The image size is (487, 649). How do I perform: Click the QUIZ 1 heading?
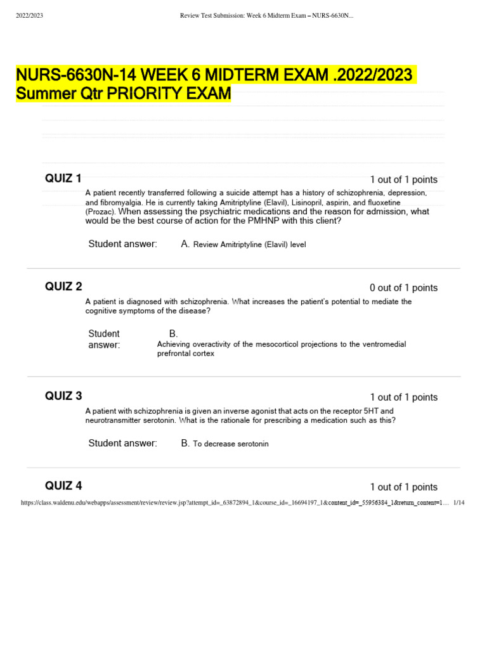click(x=63, y=178)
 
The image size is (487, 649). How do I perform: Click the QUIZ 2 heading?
click(x=63, y=286)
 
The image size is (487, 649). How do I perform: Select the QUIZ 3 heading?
click(x=63, y=396)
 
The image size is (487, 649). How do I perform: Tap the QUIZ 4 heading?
click(x=63, y=486)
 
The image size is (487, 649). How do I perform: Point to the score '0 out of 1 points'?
click(x=403, y=288)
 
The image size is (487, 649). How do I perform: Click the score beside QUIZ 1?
click(x=403, y=180)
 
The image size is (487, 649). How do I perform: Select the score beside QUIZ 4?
click(x=403, y=487)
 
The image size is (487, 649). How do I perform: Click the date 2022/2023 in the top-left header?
click(x=29, y=15)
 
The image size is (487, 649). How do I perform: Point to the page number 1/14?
click(x=460, y=503)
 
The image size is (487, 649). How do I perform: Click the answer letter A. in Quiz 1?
click(x=185, y=244)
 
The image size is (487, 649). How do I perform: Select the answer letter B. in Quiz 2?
click(x=173, y=333)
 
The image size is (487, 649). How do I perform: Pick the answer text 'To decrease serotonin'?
click(x=231, y=444)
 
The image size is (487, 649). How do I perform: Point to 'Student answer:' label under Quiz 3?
click(x=122, y=444)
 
